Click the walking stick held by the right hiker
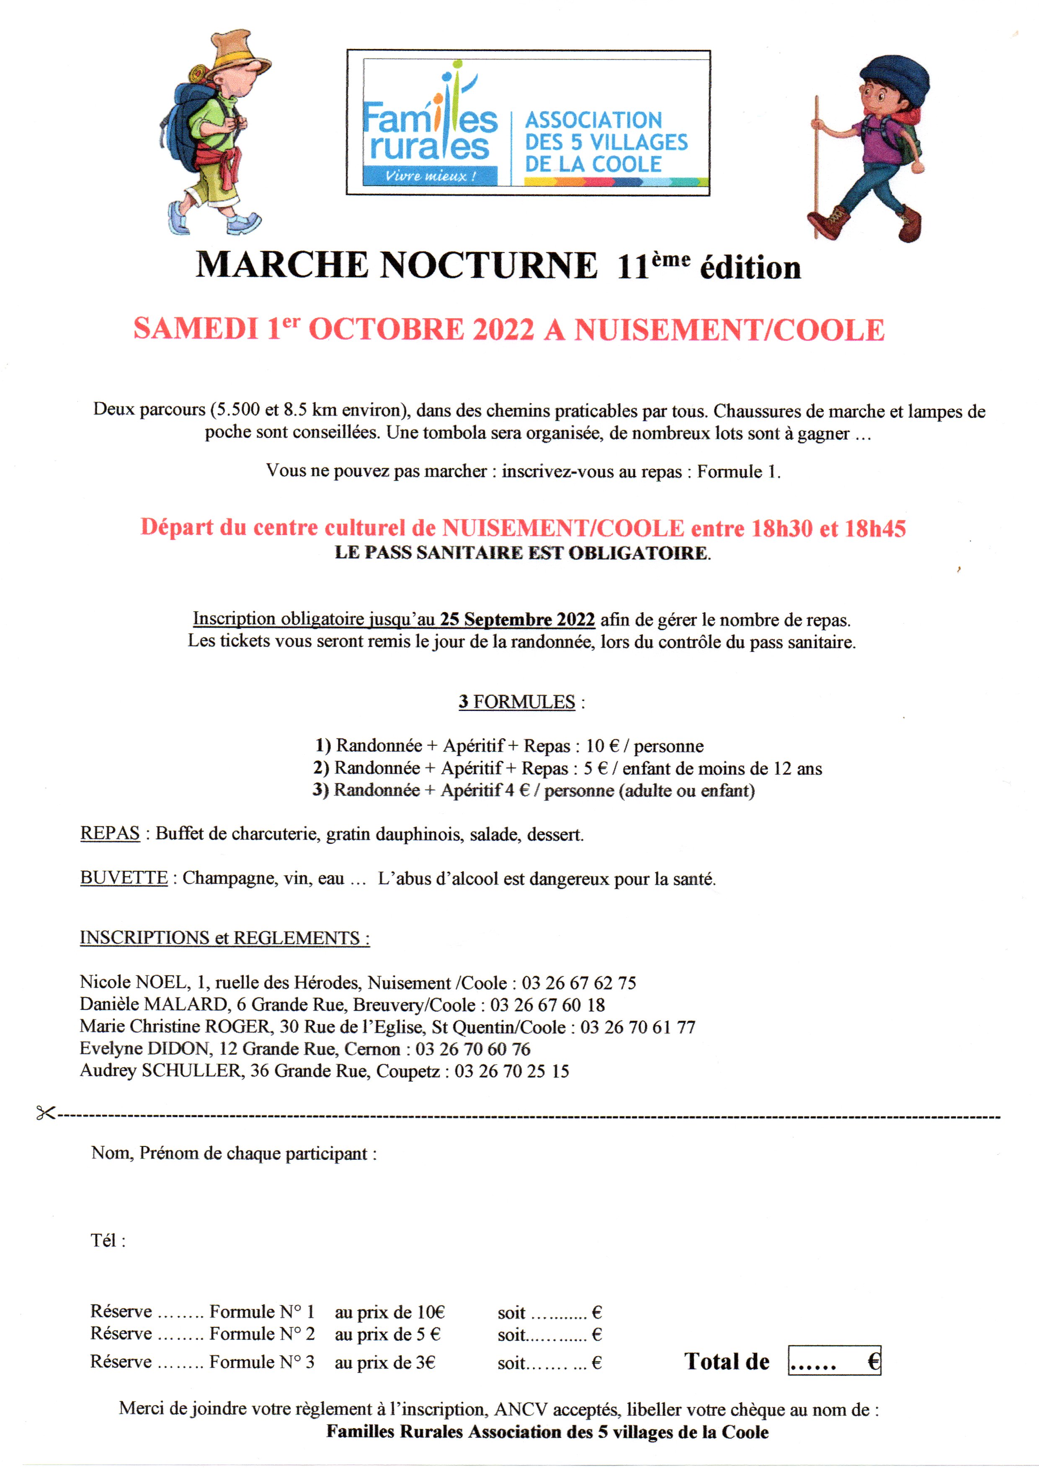(x=816, y=166)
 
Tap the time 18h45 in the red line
(x=874, y=528)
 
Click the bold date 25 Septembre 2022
(x=517, y=619)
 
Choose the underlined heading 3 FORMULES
(x=517, y=702)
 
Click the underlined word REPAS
(x=109, y=834)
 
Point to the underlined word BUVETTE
(x=124, y=878)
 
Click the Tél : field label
(x=108, y=1241)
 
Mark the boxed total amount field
(x=834, y=1360)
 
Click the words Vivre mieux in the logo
(x=430, y=176)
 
